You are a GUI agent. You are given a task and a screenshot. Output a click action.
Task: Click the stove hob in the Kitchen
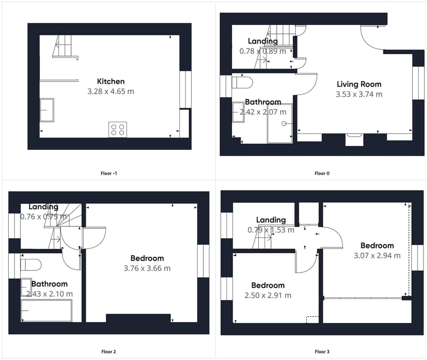[x=117, y=129]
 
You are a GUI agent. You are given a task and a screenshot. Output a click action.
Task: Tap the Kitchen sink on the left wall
[x=47, y=110]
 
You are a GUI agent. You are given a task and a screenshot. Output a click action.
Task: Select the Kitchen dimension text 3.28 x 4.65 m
[x=111, y=92]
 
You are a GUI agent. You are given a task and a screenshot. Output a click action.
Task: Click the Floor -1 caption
[x=109, y=173]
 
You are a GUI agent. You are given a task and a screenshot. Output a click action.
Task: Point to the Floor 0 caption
[x=322, y=173]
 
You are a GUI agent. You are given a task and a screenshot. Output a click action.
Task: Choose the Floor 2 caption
[x=109, y=352]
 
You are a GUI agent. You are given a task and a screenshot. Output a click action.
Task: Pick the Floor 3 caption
[x=322, y=352]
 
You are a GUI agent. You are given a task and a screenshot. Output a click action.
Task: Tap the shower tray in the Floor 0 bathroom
[x=280, y=124]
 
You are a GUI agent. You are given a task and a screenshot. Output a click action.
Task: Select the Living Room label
[x=359, y=84]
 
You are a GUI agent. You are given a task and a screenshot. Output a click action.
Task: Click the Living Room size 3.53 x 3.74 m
[x=359, y=94]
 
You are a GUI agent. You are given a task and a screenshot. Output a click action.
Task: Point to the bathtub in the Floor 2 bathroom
[x=46, y=310]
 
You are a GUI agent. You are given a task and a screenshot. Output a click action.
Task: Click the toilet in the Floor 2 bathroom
[x=31, y=265]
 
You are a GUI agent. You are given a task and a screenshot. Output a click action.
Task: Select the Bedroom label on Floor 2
[x=147, y=258]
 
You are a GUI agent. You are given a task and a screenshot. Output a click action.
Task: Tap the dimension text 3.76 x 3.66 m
[x=147, y=268]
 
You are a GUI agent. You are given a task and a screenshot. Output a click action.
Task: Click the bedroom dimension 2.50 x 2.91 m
[x=268, y=295]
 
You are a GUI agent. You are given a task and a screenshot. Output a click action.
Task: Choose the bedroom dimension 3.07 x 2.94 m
[x=377, y=255]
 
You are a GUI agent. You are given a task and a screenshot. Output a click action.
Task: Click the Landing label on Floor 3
[x=271, y=220]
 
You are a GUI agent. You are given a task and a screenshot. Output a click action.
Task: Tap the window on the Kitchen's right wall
[x=185, y=89]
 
